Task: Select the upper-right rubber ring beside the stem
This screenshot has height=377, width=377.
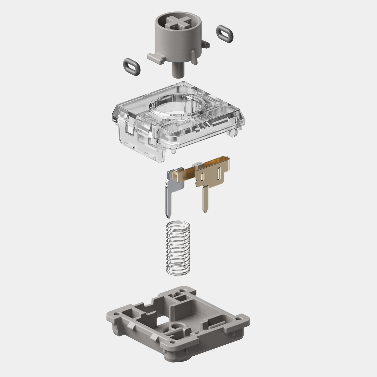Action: tap(225, 34)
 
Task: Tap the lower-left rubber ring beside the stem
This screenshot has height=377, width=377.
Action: tap(132, 67)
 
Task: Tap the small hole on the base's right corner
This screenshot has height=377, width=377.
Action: tap(238, 319)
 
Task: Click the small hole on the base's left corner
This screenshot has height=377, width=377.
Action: tap(116, 312)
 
